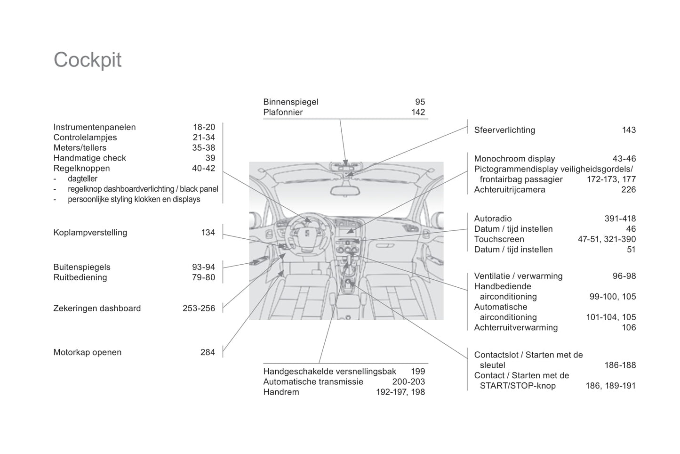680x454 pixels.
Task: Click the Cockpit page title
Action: pos(88,60)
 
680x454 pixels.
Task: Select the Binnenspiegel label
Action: pos(291,102)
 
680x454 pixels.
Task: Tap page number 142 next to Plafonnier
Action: pos(418,112)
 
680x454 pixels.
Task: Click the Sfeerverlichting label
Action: pos(504,130)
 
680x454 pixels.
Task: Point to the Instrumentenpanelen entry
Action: pos(95,127)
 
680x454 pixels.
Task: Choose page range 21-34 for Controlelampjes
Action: pos(204,138)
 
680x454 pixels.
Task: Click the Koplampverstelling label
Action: pos(90,233)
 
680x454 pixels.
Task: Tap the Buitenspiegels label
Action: pos(82,267)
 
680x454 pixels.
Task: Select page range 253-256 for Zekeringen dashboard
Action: pos(199,308)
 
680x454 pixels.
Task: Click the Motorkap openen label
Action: pos(88,352)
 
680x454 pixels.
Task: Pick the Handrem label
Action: pos(281,392)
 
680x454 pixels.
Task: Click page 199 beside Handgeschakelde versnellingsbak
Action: pos(417,372)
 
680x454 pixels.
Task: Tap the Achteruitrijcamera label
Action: pos(510,190)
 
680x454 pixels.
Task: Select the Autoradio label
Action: pos(493,219)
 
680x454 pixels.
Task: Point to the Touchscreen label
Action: pos(499,239)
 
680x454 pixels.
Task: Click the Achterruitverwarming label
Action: pos(516,328)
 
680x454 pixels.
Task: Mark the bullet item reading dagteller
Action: pos(82,179)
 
